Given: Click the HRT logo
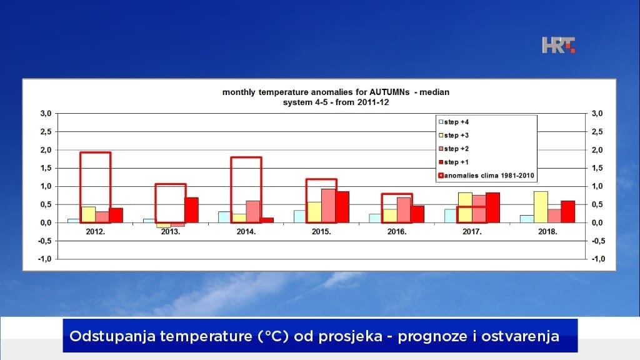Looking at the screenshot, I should (x=558, y=45).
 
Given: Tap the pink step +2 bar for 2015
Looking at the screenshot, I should (x=328, y=206).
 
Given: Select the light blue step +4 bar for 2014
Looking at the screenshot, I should (x=224, y=217).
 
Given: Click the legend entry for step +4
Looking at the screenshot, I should (x=456, y=122).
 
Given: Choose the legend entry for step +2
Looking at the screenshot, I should (x=456, y=149).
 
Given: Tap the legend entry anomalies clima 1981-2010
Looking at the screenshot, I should (x=487, y=176).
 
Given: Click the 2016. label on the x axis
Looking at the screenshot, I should (x=397, y=231).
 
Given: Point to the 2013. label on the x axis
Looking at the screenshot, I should (x=171, y=231).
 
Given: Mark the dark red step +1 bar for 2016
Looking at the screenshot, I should (x=417, y=214).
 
